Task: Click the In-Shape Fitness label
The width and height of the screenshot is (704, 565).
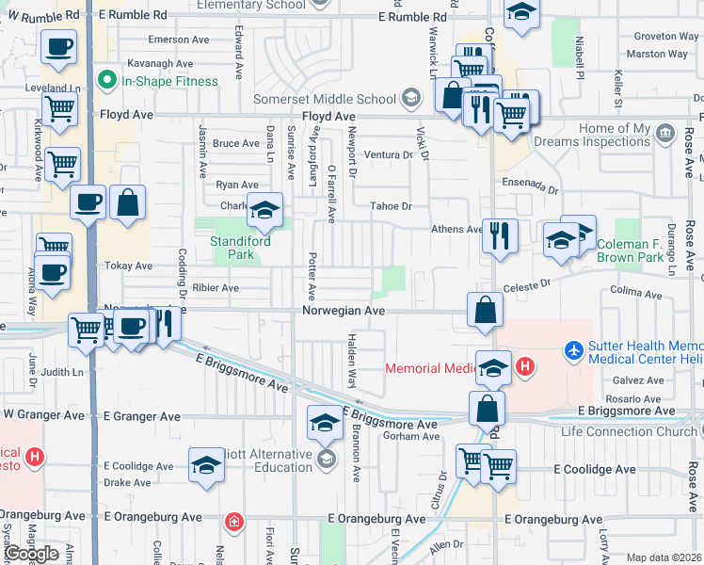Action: click(x=169, y=81)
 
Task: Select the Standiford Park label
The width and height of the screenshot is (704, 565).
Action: click(x=240, y=248)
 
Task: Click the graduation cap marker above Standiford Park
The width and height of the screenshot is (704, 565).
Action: click(x=265, y=210)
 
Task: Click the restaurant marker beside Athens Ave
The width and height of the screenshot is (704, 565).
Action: click(x=500, y=235)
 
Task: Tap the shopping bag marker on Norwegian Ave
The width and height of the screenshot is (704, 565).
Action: click(x=485, y=311)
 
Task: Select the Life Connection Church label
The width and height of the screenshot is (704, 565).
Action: click(x=630, y=431)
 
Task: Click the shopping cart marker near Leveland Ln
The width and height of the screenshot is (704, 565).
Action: click(x=60, y=109)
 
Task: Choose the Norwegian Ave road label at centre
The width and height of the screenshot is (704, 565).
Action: click(x=344, y=310)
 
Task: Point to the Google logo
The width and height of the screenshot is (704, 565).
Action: click(x=30, y=553)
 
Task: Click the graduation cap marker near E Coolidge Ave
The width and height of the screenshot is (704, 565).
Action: click(x=207, y=465)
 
